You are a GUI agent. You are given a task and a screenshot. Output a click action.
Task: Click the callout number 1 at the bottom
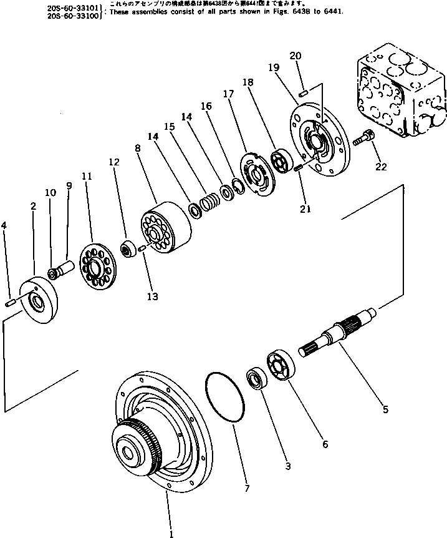point(170,532)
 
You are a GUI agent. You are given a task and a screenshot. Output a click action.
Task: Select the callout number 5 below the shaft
point(385,409)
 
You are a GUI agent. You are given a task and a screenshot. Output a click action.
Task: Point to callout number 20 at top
point(295,56)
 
